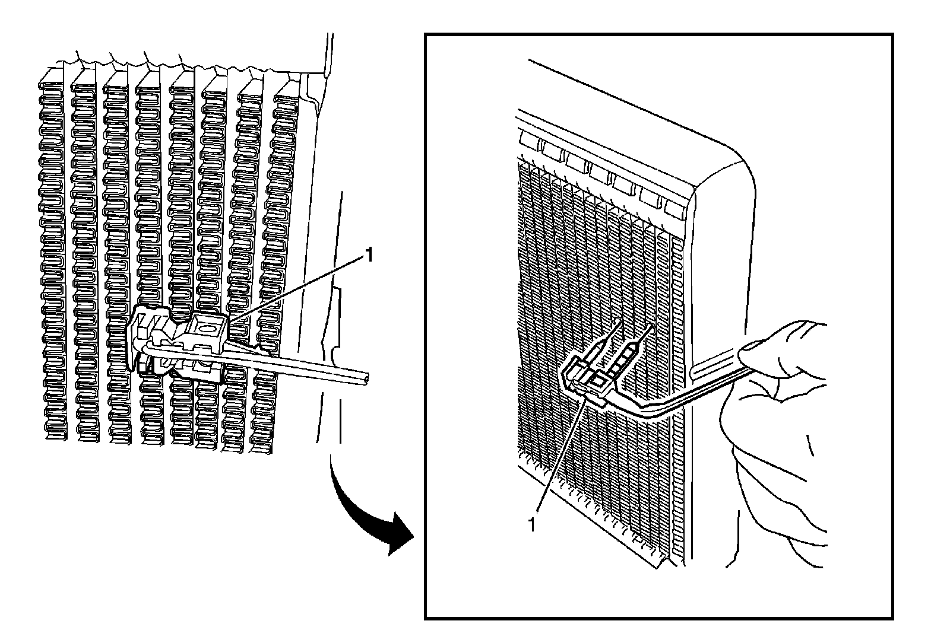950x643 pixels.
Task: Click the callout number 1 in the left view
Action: point(369,255)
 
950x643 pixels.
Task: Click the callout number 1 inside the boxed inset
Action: point(532,524)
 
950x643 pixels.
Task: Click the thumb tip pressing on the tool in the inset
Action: point(749,356)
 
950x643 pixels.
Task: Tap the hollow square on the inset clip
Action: point(598,380)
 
